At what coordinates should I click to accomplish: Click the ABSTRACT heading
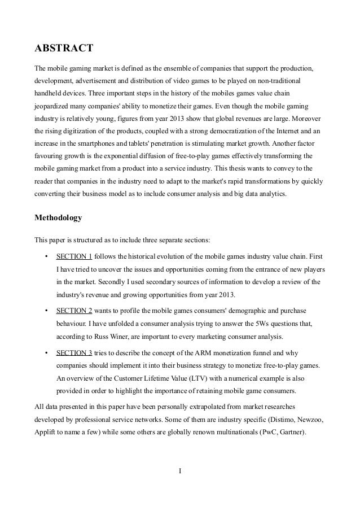tap(64, 49)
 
